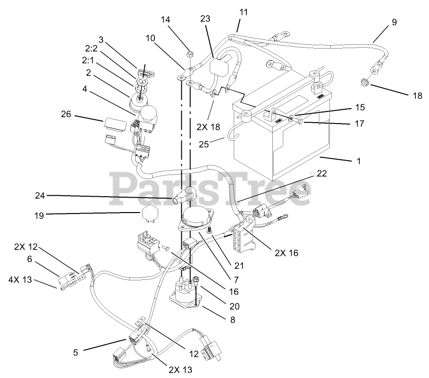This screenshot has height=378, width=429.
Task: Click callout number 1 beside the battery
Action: tap(358, 162)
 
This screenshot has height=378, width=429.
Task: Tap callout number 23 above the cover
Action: tap(206, 19)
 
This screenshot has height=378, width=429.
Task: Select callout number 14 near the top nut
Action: tap(165, 20)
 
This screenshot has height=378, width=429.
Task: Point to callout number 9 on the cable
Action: tap(394, 22)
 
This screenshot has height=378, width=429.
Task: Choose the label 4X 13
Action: tap(19, 279)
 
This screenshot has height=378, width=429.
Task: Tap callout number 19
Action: tap(39, 216)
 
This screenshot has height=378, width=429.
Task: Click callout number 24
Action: tap(40, 195)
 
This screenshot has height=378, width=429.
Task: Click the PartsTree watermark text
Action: tap(212, 189)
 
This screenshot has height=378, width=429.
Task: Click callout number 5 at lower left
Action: tap(75, 352)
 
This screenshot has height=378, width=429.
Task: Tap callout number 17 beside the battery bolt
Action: tap(358, 123)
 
